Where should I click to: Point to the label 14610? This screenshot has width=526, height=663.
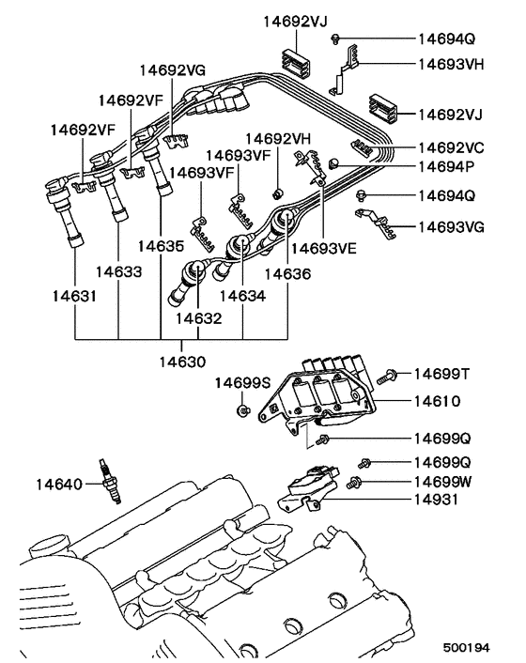click(435, 400)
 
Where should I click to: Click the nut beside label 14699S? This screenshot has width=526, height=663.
click(242, 411)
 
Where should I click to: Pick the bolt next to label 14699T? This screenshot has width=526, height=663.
click(386, 378)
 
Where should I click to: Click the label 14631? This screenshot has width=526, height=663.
click(73, 296)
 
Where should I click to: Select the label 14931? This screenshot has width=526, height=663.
click(435, 500)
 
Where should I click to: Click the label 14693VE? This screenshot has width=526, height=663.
click(324, 250)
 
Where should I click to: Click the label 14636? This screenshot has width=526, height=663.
click(287, 273)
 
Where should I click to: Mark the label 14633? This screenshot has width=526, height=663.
click(118, 272)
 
